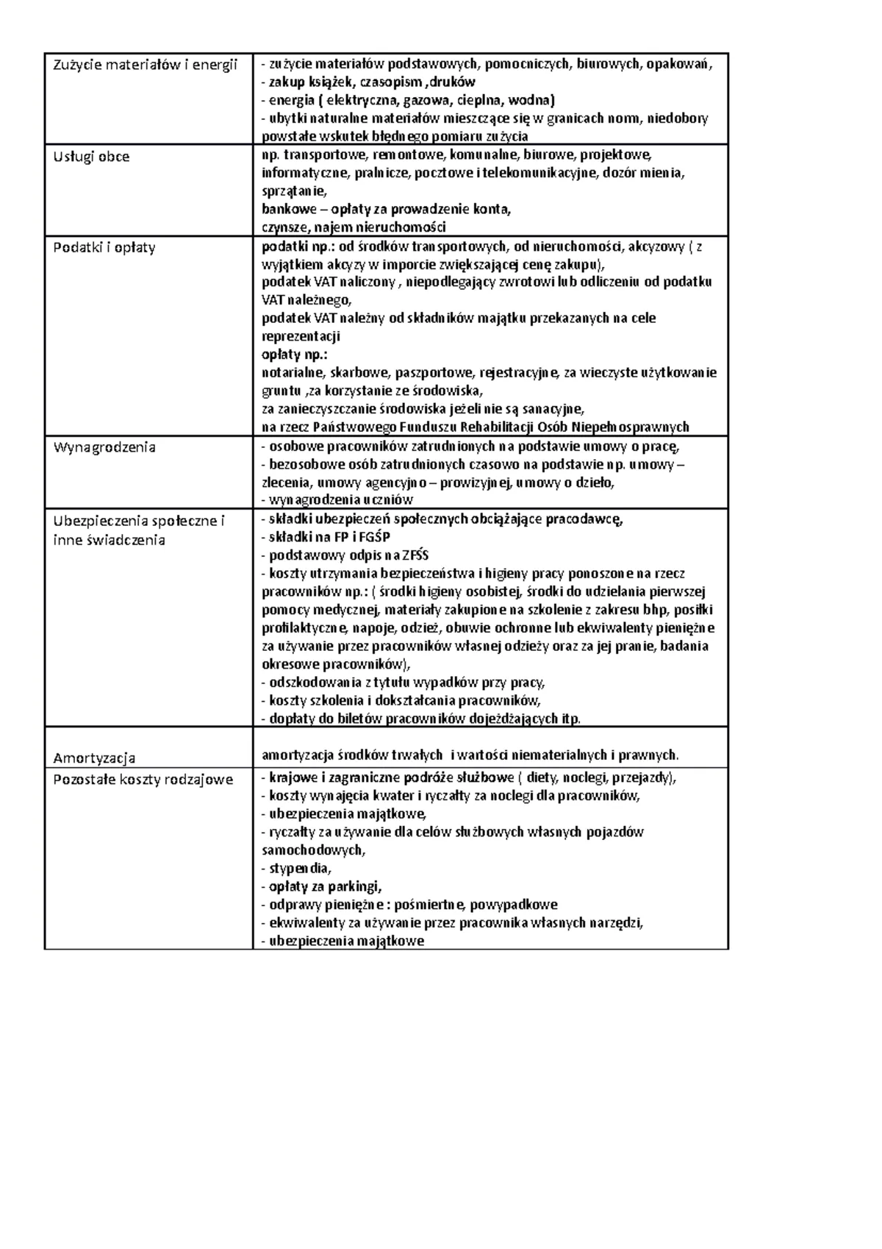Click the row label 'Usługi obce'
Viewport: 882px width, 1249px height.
click(x=91, y=157)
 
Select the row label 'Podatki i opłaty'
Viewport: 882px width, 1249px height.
click(x=104, y=248)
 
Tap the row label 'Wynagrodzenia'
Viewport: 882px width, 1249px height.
click(x=104, y=447)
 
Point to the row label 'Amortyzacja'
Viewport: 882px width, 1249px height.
click(x=94, y=758)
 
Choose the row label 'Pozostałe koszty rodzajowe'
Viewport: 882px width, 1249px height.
click(x=143, y=779)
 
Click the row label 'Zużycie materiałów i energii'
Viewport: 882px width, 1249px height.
click(x=146, y=65)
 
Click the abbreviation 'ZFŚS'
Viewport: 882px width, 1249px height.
click(x=415, y=555)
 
